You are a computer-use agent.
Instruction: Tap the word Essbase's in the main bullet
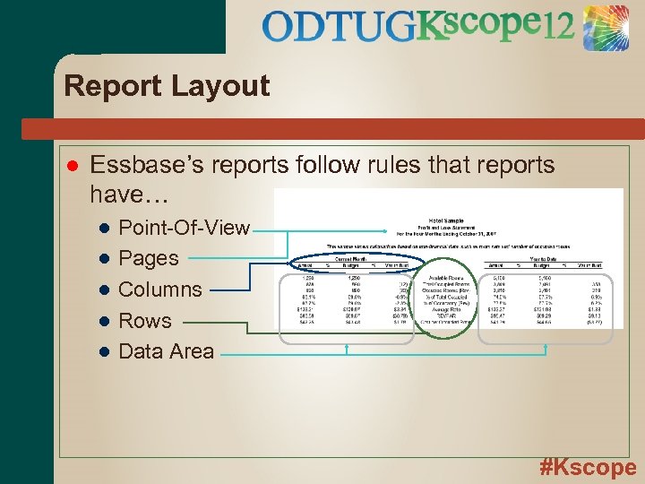[x=144, y=165]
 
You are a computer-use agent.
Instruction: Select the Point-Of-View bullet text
[x=184, y=228]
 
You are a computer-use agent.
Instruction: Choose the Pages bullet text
[x=149, y=258]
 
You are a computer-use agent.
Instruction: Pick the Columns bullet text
[x=160, y=290]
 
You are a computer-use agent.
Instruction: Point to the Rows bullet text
[x=145, y=320]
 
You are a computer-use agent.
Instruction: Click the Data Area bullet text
[x=167, y=350]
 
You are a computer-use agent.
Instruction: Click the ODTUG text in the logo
[x=340, y=27]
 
